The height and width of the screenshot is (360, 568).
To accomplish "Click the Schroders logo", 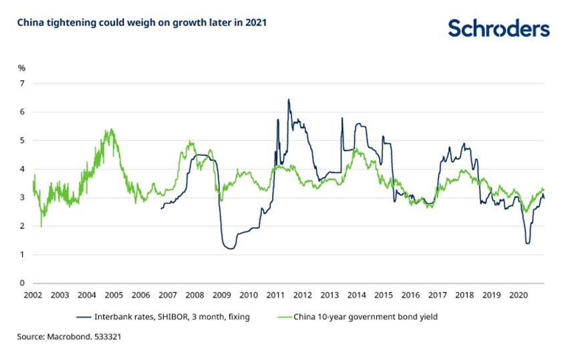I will pyautogui.click(x=499, y=29).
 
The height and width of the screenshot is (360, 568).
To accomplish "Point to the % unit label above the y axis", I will pyautogui.click(x=21, y=67).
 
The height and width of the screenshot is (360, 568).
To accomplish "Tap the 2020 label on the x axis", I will pyautogui.click(x=519, y=295).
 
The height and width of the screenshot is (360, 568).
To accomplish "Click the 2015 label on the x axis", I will pyautogui.click(x=384, y=295).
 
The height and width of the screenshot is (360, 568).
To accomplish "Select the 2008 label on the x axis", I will pyautogui.click(x=194, y=295).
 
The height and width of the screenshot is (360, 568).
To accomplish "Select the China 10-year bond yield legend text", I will pyautogui.click(x=366, y=317).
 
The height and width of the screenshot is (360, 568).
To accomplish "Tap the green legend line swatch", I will pyautogui.click(x=282, y=317).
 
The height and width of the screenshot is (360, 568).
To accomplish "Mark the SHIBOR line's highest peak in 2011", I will pyautogui.click(x=288, y=100).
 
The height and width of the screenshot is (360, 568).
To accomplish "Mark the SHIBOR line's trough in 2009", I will pyautogui.click(x=231, y=248).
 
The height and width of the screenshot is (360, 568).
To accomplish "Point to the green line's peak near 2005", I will pyautogui.click(x=111, y=130).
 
